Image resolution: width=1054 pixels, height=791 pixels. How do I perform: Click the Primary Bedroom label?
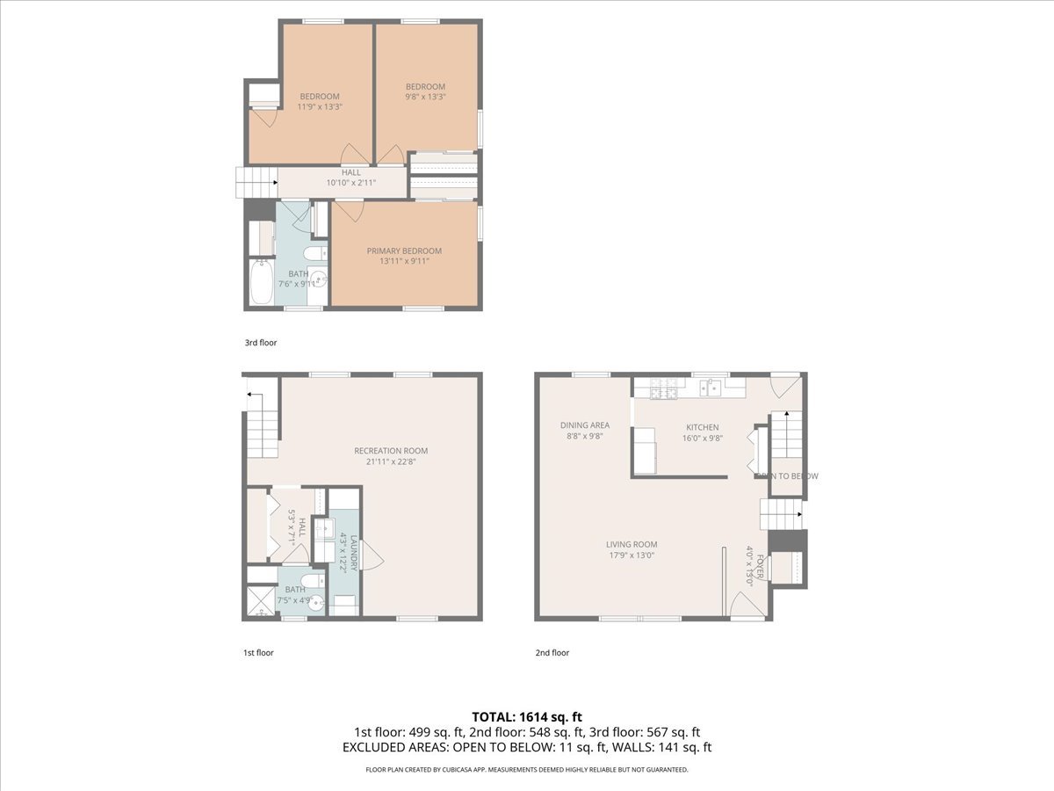click(x=404, y=256)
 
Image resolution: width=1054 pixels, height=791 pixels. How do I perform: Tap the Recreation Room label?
click(x=391, y=456)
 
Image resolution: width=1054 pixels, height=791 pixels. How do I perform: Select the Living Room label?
click(x=632, y=549)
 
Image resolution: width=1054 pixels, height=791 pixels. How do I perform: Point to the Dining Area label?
click(x=585, y=430)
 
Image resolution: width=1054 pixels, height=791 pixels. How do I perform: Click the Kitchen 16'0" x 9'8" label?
click(x=702, y=432)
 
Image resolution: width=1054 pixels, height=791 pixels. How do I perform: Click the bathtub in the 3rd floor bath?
click(x=261, y=281)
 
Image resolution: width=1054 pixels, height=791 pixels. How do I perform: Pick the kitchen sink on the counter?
click(x=711, y=386)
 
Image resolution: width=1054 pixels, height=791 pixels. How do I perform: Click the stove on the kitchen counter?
click(x=664, y=386)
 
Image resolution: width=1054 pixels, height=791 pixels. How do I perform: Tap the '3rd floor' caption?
click(x=260, y=343)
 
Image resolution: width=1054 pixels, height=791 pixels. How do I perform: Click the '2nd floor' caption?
click(x=552, y=653)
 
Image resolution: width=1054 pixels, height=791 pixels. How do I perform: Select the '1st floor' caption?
click(x=258, y=653)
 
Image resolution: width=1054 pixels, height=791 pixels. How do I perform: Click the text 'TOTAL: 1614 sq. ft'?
click(x=526, y=716)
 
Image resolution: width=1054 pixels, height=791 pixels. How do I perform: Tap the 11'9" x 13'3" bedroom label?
click(x=320, y=101)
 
